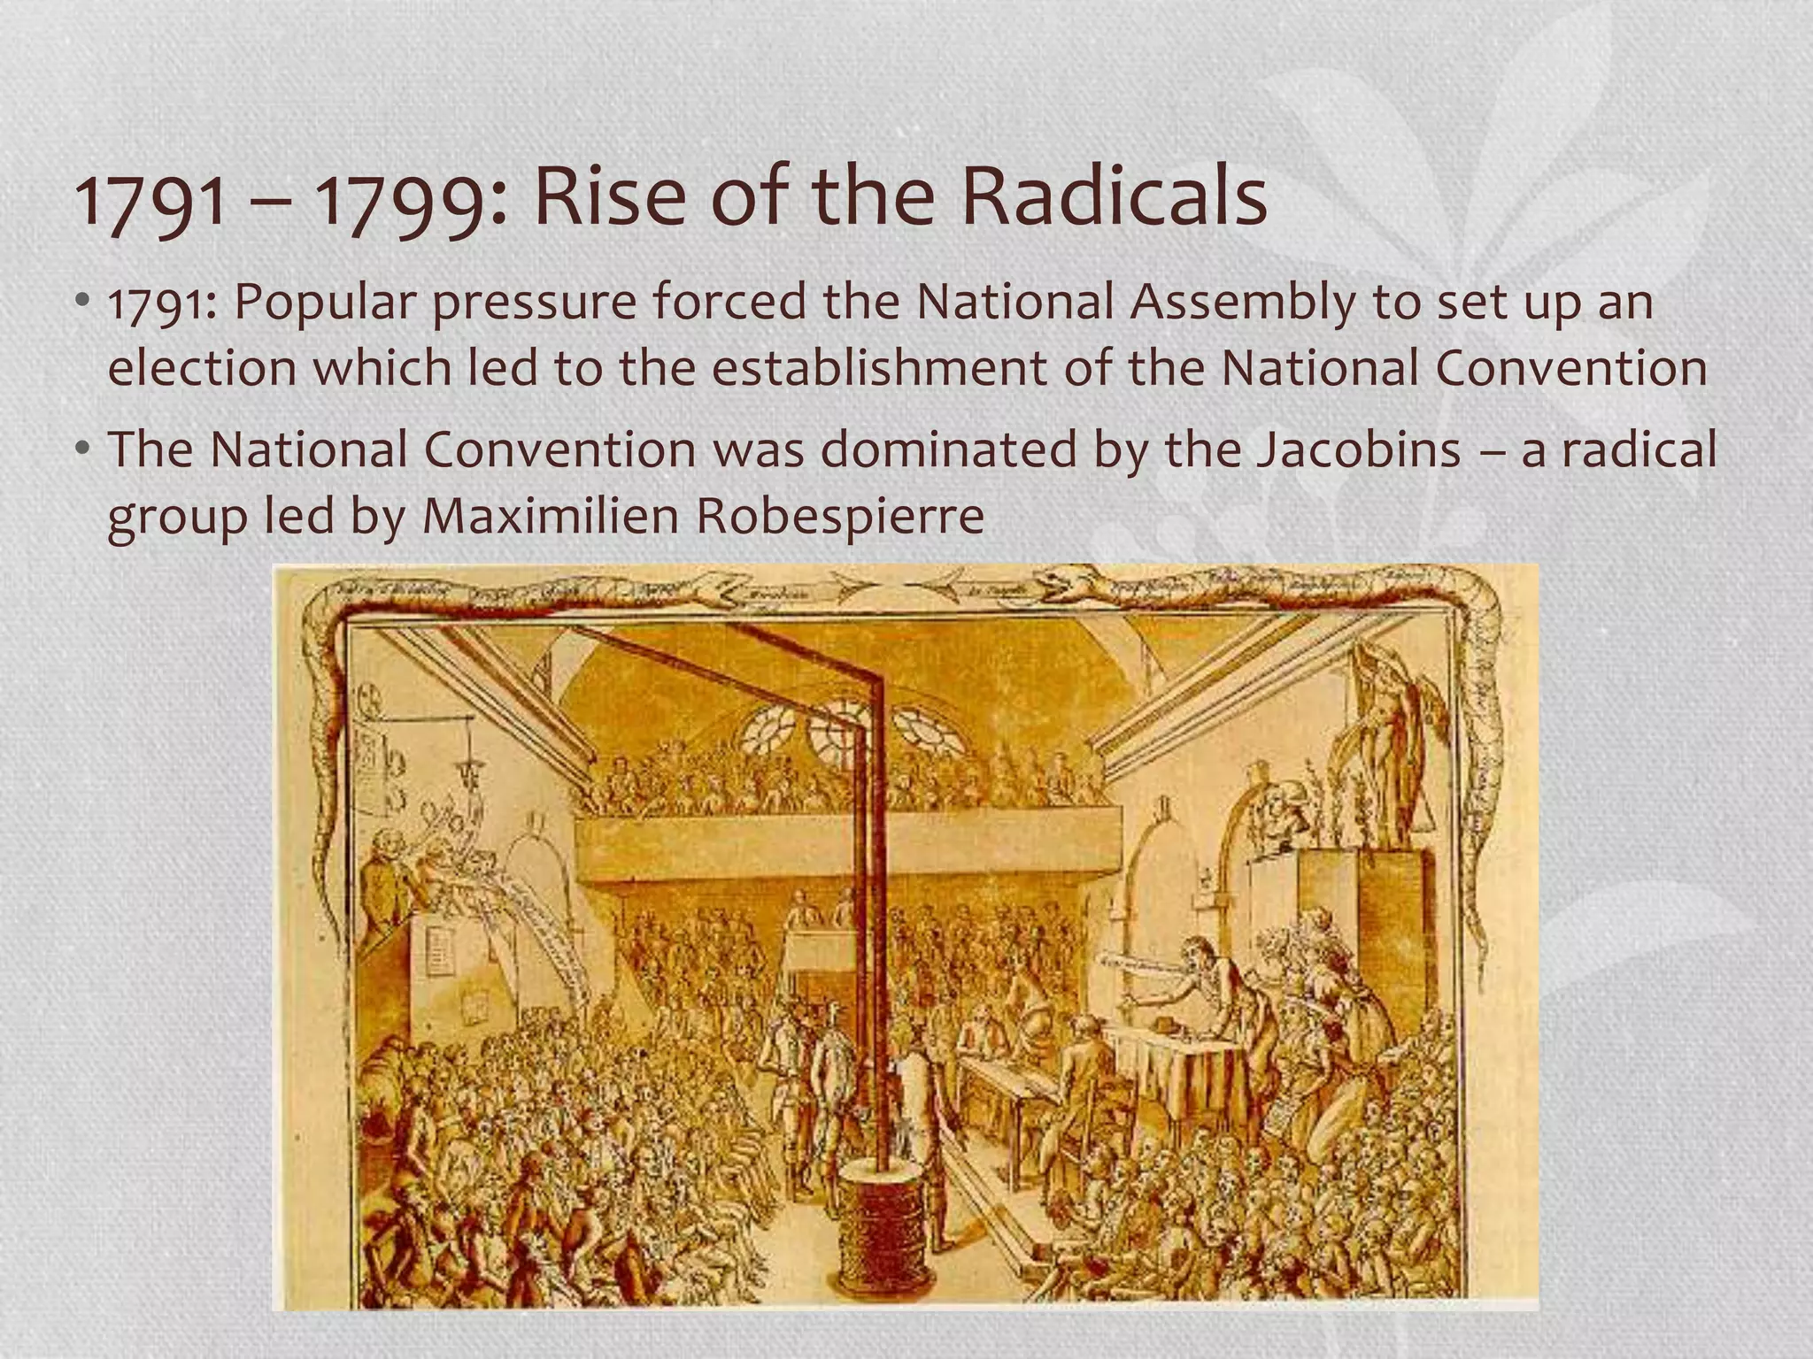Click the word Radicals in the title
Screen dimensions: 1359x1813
pyautogui.click(x=1114, y=197)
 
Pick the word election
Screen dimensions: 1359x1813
pyautogui.click(x=202, y=368)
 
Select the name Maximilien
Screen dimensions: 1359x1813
pyautogui.click(x=549, y=515)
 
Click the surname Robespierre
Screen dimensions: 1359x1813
pyautogui.click(x=840, y=517)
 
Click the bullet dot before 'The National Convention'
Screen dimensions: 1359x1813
pyautogui.click(x=82, y=450)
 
